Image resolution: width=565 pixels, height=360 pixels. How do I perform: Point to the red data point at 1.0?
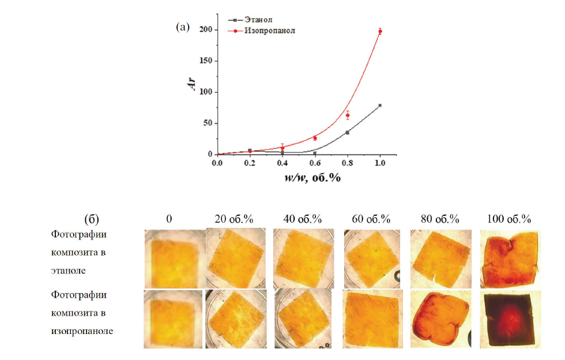[380, 31]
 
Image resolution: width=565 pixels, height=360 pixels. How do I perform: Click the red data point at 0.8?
[348, 115]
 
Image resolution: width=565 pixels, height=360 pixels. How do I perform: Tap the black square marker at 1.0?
[380, 106]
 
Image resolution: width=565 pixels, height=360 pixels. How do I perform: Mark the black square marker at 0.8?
[348, 133]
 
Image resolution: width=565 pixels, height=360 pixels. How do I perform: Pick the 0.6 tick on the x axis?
[315, 164]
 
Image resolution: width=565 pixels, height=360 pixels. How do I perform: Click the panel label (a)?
[183, 27]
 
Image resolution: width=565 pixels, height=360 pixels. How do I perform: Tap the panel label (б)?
[92, 219]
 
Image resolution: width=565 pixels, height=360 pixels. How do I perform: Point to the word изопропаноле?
[82, 331]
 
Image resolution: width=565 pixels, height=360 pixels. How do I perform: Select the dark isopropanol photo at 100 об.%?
[510, 318]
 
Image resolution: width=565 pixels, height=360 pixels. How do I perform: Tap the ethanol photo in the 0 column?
[174, 258]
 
